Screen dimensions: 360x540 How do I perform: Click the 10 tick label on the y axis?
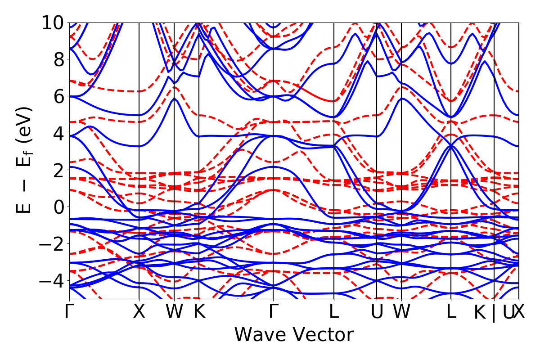(x=54, y=22)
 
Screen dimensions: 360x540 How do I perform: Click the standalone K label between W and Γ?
(x=199, y=311)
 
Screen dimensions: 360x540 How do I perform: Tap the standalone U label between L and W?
(x=377, y=311)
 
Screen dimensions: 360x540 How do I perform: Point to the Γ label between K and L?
(x=273, y=311)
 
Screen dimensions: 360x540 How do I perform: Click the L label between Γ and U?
(x=334, y=311)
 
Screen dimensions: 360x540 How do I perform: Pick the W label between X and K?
(x=174, y=311)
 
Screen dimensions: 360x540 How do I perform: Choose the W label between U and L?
(x=401, y=311)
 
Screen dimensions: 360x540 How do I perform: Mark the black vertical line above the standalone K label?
(x=199, y=135)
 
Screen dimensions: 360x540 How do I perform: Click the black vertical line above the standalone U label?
(x=377, y=135)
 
